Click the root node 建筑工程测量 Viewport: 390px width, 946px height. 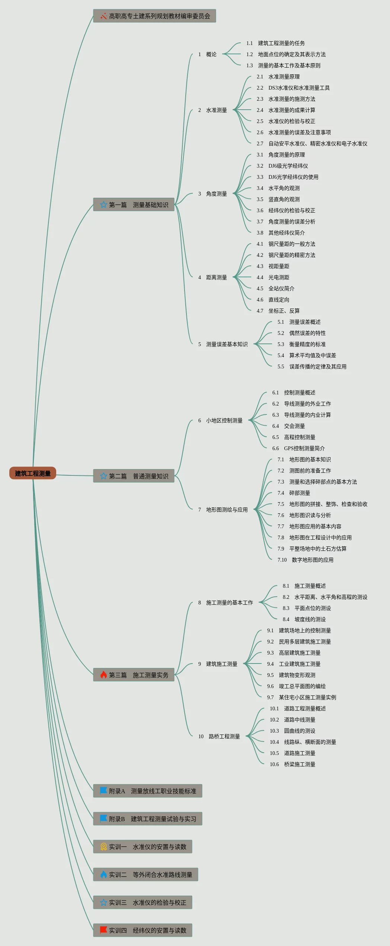33,473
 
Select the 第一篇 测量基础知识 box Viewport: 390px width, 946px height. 134,204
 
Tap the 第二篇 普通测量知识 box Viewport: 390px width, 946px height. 134,476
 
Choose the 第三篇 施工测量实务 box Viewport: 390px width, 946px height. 134,675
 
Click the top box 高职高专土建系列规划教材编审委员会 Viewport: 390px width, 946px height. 154,16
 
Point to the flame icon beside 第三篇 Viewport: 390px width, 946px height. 103,675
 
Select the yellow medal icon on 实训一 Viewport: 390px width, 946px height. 103,847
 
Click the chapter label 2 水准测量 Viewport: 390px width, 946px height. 212,110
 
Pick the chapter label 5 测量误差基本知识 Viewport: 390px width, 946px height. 223,344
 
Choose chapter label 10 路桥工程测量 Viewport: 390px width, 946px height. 219,736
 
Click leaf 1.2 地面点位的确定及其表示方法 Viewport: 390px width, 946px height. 286,54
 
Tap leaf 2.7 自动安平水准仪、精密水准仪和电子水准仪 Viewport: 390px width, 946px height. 312,143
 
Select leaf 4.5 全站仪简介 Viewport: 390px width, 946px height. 275,288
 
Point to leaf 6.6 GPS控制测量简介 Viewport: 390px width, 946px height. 298,448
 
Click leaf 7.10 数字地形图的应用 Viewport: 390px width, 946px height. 306,560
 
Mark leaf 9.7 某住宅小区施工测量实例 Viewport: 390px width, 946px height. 301,697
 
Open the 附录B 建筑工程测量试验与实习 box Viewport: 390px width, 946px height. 148,819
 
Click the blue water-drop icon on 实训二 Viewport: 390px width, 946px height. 103,875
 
